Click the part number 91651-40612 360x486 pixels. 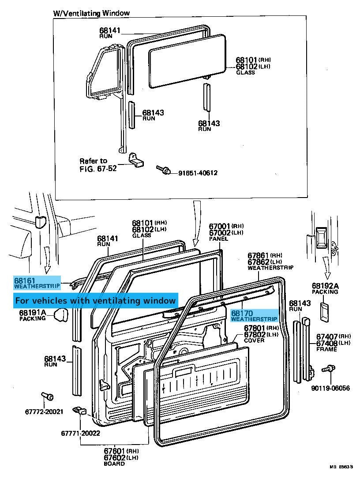pos(198,173)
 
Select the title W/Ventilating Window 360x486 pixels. pos(91,13)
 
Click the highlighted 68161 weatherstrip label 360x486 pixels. pos(37,283)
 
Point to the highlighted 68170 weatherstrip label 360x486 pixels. pos(254,315)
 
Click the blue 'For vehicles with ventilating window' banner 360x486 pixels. pos(95,300)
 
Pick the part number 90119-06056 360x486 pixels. pos(330,388)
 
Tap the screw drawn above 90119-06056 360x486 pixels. pos(328,369)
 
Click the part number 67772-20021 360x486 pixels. pos(44,411)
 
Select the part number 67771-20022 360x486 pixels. pos(81,433)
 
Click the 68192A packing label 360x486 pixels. pos(325,288)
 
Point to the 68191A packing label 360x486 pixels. pos(33,315)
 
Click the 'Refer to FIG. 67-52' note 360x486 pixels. pos(98,164)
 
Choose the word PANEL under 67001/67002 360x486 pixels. pos(218,239)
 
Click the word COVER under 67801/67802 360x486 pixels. pos(254,340)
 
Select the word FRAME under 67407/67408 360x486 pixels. pos(326,349)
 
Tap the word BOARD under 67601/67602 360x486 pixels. pos(114,464)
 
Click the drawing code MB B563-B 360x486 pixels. pos(341,475)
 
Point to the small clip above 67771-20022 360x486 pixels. pos(80,411)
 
